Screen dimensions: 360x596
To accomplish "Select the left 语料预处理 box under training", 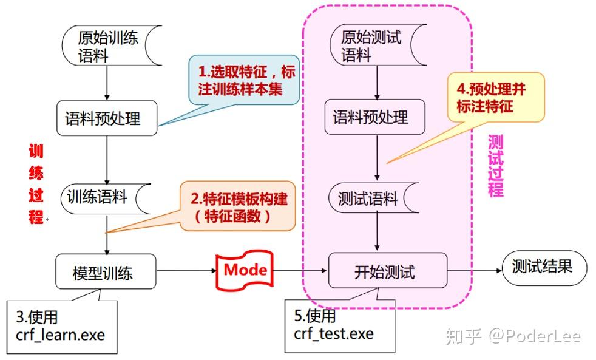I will tap(107, 118).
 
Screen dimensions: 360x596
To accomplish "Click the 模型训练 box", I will tap(106, 271).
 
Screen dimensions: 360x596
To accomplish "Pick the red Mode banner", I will tap(244, 269).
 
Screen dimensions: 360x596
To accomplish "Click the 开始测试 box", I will tap(387, 271).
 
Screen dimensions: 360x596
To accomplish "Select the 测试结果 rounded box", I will tap(544, 267).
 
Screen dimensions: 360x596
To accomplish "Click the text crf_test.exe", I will tap(334, 333).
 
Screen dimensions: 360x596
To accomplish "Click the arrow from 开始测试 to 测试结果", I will tap(474, 271).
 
